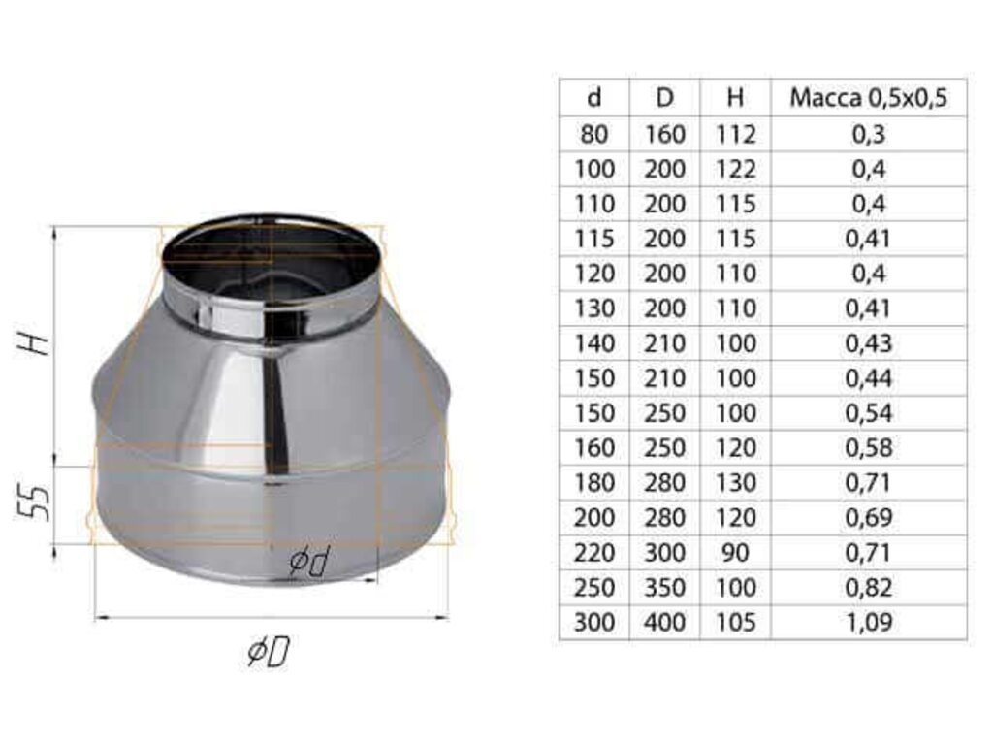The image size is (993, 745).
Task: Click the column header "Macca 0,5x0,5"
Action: pos(868,98)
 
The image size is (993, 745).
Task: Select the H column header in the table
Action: pos(735,98)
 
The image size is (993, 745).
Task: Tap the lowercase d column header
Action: pos(594,98)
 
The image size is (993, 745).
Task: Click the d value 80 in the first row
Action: pos(594,134)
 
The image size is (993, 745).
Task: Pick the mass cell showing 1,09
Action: pos(868,622)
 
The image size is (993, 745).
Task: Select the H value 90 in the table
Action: pos(735,552)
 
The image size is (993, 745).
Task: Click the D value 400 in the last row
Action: pos(664,622)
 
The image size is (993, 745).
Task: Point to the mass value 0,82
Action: pos(868,587)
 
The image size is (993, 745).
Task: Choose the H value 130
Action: pos(735,483)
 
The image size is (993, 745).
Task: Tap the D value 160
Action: pos(664,134)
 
